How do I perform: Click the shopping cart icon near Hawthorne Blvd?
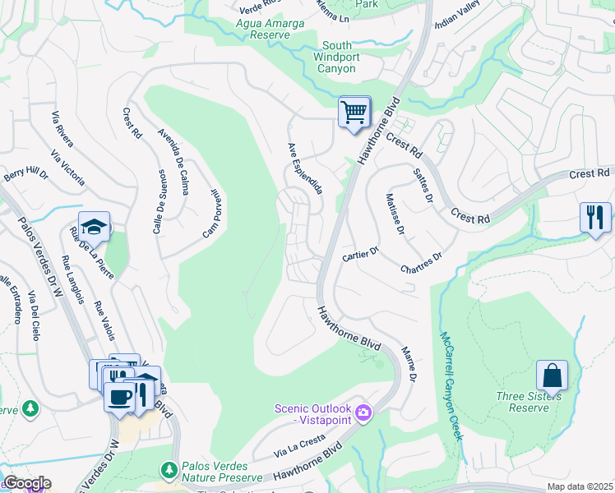coord(354,112)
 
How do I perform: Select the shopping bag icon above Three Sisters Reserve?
coord(552,376)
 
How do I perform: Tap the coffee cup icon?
coord(119,397)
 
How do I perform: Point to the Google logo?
coord(26,483)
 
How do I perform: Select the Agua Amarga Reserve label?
coord(270,30)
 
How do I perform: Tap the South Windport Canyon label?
coord(338,57)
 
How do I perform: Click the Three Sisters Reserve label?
coord(529,402)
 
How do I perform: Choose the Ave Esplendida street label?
coord(304,168)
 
